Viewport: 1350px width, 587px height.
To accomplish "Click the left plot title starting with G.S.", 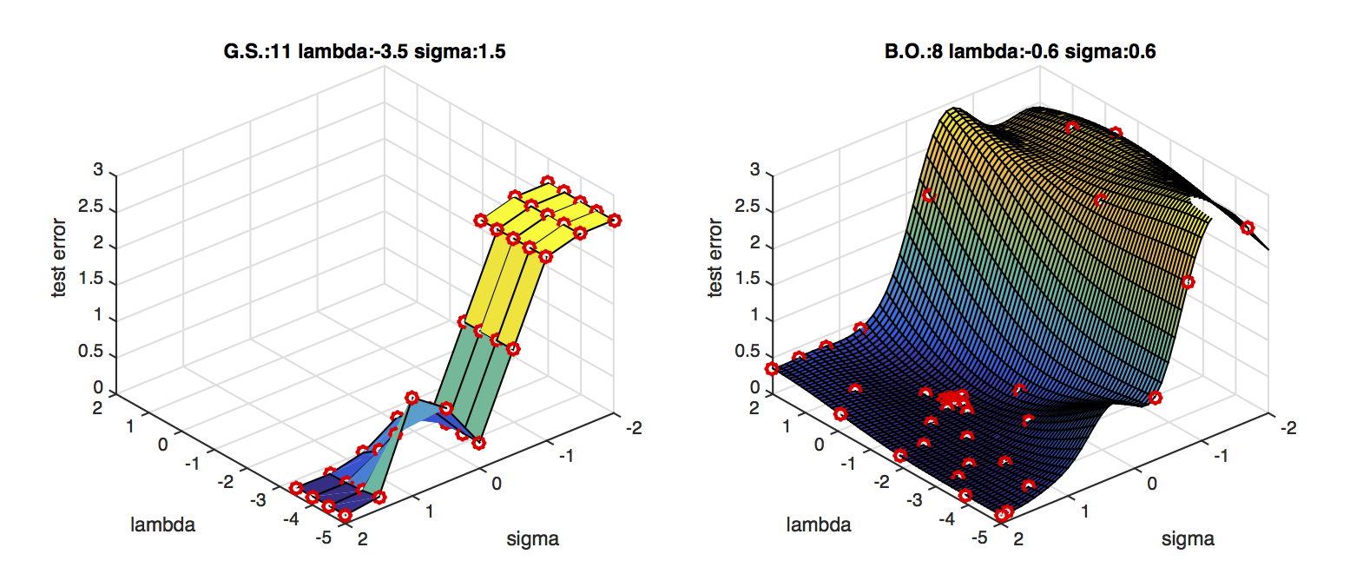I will (x=365, y=52).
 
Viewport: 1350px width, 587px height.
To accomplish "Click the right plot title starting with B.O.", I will (x=1020, y=52).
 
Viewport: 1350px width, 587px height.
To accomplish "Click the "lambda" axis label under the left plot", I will (x=162, y=524).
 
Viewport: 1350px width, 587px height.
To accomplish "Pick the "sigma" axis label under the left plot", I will (x=532, y=539).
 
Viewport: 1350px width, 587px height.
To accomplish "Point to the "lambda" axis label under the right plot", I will (x=819, y=524).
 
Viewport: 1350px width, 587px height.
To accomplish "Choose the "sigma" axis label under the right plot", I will (x=1188, y=539).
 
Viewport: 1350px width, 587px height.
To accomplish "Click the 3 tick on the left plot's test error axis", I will (x=98, y=172).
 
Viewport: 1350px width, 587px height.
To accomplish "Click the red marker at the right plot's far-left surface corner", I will (x=772, y=369).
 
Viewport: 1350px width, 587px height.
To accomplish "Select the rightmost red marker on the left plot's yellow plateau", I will (x=615, y=221).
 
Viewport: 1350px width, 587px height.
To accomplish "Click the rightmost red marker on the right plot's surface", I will (x=1248, y=228).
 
